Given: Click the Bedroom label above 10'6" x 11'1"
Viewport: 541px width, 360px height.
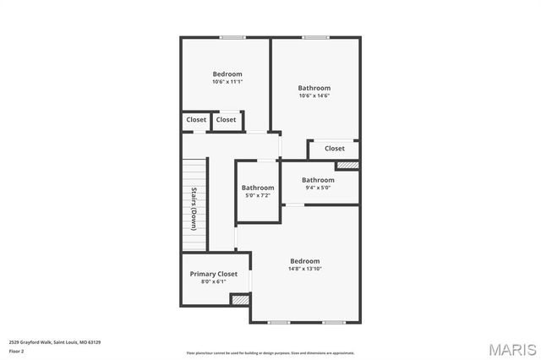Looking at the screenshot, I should [227, 74].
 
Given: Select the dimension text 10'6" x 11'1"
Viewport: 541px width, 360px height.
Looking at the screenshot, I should [227, 82].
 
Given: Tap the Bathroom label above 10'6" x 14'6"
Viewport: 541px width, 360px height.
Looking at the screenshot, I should [314, 88].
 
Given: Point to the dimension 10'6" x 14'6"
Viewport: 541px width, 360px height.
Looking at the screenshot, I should [314, 95].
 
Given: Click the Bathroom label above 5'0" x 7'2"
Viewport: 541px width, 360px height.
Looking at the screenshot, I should [258, 188].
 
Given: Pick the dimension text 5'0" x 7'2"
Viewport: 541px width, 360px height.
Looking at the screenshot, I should [258, 195].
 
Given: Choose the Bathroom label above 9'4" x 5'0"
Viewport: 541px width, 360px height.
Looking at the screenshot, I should [318, 179].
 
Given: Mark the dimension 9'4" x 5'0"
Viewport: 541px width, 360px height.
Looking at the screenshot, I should [318, 187].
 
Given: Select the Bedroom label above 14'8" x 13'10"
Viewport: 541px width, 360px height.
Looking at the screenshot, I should [305, 260].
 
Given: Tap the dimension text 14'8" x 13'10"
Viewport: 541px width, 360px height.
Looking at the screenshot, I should [305, 269].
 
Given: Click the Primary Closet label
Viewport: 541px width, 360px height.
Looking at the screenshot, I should [213, 274].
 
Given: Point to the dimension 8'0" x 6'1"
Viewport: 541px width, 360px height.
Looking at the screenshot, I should [213, 281].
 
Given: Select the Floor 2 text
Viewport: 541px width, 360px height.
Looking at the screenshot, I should [17, 351].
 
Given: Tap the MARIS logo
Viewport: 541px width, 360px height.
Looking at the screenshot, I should [512, 348].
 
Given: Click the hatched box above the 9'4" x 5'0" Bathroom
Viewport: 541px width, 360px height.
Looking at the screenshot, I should [348, 165].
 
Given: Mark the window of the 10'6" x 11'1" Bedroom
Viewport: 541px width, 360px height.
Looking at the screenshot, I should [232, 37].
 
